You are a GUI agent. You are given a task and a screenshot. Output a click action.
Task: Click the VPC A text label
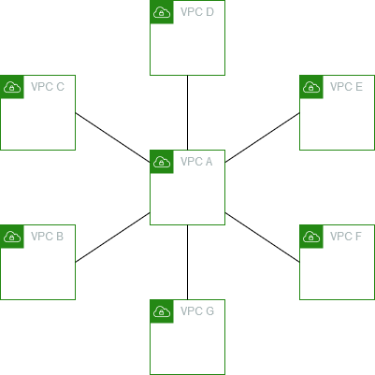click(x=196, y=162)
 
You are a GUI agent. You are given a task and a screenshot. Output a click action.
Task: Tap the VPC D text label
click(x=196, y=12)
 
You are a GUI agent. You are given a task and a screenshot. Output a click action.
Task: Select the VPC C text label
click(x=47, y=87)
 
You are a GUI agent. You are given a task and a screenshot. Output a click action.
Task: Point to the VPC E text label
click(x=346, y=87)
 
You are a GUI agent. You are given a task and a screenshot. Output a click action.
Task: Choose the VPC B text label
click(x=47, y=237)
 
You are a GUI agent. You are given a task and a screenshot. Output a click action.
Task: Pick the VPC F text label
click(x=346, y=237)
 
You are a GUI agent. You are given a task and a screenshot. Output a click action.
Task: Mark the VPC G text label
click(x=196, y=311)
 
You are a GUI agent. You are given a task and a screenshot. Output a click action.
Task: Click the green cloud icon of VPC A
click(x=161, y=161)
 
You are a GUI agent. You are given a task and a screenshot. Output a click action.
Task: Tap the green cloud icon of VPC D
click(x=161, y=11)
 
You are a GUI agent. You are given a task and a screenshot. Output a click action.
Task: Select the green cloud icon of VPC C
click(x=11, y=86)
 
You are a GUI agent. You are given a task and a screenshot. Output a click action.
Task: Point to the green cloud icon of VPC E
click(x=310, y=86)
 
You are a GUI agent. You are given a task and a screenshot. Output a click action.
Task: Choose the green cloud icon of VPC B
click(x=11, y=236)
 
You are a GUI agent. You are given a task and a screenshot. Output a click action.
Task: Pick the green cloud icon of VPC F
click(x=310, y=236)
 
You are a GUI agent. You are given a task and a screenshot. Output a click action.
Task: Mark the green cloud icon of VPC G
click(x=161, y=310)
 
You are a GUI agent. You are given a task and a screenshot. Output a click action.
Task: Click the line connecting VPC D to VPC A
click(x=188, y=112)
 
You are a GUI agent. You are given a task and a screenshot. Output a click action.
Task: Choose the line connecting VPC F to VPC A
click(x=263, y=236)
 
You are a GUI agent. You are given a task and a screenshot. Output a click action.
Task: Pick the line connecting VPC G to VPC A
click(x=188, y=262)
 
